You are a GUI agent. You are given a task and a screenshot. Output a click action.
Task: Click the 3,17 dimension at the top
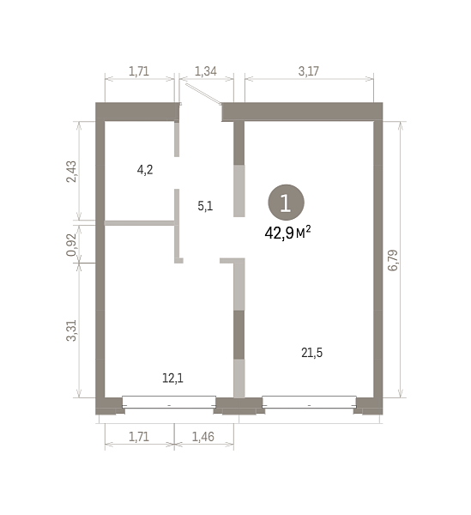309,71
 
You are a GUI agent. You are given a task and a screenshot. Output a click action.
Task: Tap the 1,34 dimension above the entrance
206,71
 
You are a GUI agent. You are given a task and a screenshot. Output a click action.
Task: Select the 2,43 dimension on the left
71,172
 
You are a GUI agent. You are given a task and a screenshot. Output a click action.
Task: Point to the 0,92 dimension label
71,245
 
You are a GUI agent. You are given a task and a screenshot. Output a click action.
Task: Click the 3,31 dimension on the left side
71,330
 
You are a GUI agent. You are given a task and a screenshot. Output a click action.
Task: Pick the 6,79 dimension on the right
393,260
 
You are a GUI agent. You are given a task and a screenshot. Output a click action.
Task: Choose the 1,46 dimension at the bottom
203,437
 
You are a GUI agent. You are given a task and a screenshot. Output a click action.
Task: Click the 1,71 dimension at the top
139,71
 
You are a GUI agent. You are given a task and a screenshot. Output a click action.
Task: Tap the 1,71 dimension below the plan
139,437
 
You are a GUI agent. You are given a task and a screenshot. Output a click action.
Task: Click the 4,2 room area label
145,170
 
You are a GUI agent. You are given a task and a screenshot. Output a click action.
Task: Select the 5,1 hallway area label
205,206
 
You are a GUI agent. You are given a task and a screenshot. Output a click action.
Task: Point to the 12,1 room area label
172,378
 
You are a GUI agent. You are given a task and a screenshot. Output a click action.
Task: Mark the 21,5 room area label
311,353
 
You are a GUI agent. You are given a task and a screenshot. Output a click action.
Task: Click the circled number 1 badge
286,203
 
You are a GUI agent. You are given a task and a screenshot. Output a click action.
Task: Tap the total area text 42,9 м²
287,233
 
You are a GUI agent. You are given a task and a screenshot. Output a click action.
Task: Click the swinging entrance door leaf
203,94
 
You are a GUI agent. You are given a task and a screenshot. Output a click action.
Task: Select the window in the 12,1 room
169,402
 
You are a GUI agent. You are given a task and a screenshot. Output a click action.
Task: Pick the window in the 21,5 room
309,402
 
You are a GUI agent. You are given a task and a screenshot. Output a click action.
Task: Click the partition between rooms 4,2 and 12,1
139,223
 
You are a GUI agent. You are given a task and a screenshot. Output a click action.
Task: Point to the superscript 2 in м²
308,228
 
